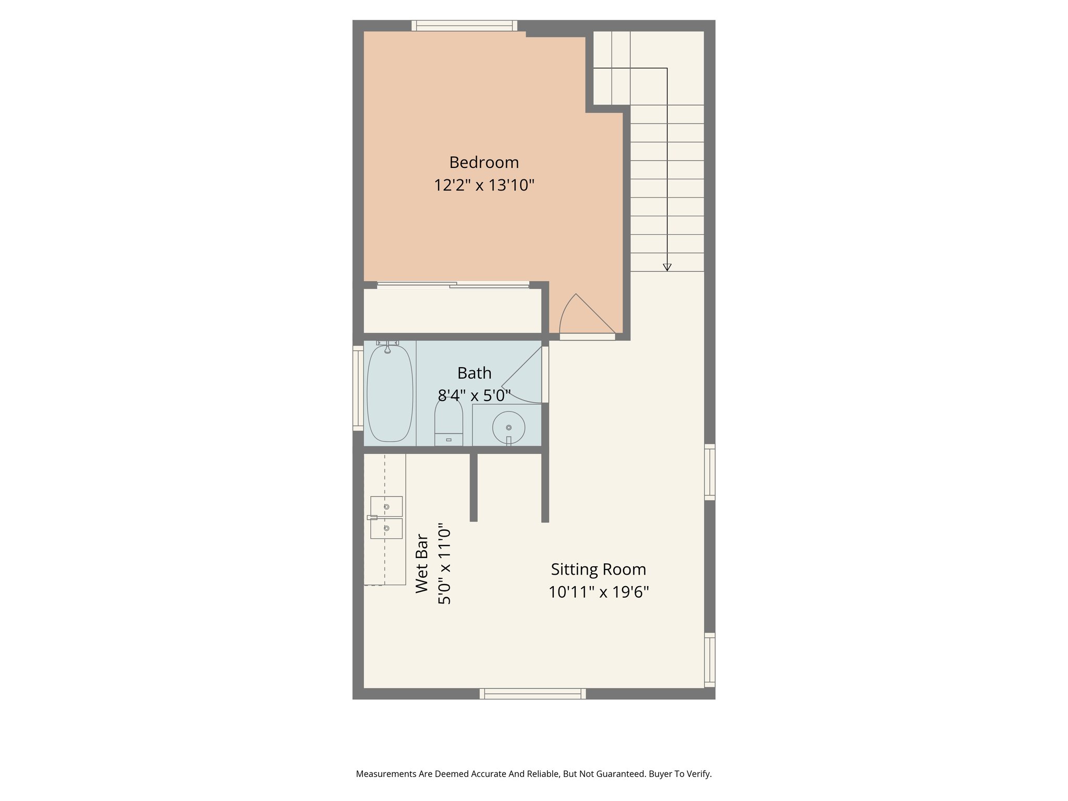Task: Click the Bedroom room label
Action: [x=484, y=163]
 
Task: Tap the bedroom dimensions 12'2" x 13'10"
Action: [x=484, y=185]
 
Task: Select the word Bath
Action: [x=475, y=373]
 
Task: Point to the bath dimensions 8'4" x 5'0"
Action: [x=475, y=396]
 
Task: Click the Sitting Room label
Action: [x=598, y=569]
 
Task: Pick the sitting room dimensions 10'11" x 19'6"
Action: [x=599, y=592]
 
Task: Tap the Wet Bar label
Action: [x=421, y=563]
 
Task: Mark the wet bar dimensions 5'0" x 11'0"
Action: [x=444, y=564]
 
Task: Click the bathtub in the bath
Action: [x=390, y=394]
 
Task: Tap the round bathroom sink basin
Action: [x=508, y=428]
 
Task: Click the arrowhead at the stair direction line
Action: [x=667, y=267]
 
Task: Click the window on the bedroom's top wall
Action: [x=464, y=26]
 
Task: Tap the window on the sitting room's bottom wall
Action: [x=532, y=694]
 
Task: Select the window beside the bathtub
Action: [x=358, y=388]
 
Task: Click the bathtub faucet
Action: [x=387, y=347]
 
